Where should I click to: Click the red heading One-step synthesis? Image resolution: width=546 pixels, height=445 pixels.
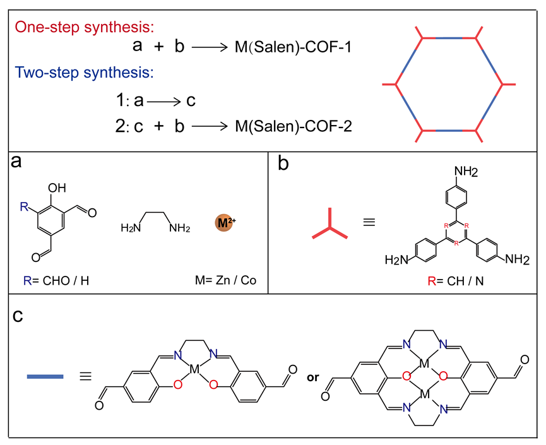click(85, 27)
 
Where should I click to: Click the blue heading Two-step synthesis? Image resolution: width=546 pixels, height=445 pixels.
click(84, 72)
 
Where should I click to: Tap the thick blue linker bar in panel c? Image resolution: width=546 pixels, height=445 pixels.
click(45, 377)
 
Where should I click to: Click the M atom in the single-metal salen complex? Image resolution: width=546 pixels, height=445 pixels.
click(196, 367)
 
